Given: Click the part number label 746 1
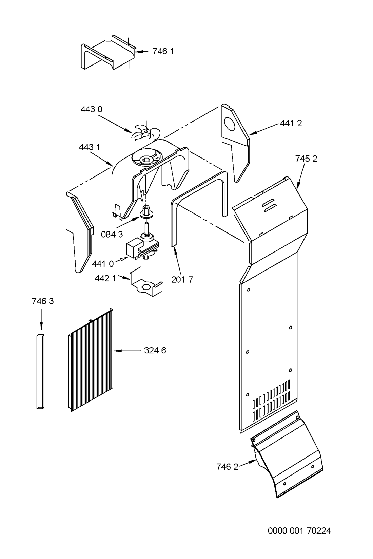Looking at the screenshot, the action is (x=163, y=51).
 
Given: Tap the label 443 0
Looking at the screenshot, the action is (x=91, y=109).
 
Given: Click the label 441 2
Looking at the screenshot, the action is (x=291, y=123).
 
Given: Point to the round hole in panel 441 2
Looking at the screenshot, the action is (x=230, y=124).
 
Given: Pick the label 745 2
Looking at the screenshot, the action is (x=306, y=159).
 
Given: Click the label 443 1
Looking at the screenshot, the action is (x=89, y=147).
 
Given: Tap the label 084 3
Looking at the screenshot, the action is (x=112, y=234).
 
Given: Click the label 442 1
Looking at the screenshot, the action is (x=105, y=279).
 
